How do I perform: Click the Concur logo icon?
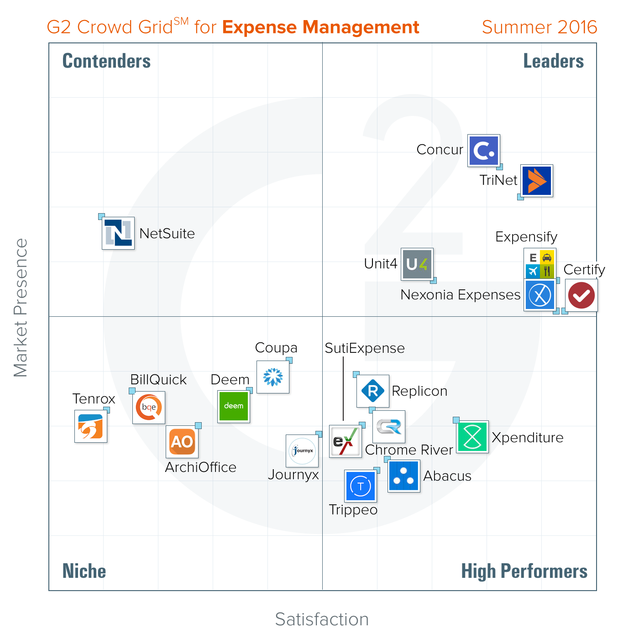484,151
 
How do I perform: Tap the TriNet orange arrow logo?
537,181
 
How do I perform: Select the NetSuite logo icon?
118,233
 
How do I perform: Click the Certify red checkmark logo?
581,295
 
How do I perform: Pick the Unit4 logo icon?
417,264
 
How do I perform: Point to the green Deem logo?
234,406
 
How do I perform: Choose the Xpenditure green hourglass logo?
472,437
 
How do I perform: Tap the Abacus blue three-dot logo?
404,476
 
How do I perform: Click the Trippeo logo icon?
361,486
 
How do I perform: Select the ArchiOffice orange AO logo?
182,442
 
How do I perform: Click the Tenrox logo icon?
91,426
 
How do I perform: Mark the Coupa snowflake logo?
273,377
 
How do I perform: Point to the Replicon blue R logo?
373,391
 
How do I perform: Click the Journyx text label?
293,475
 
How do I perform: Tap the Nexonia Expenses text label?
461,295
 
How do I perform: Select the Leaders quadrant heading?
553,61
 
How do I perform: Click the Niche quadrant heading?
84,571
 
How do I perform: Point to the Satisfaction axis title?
322,619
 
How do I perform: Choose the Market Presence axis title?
21,308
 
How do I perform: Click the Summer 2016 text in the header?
539,27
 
